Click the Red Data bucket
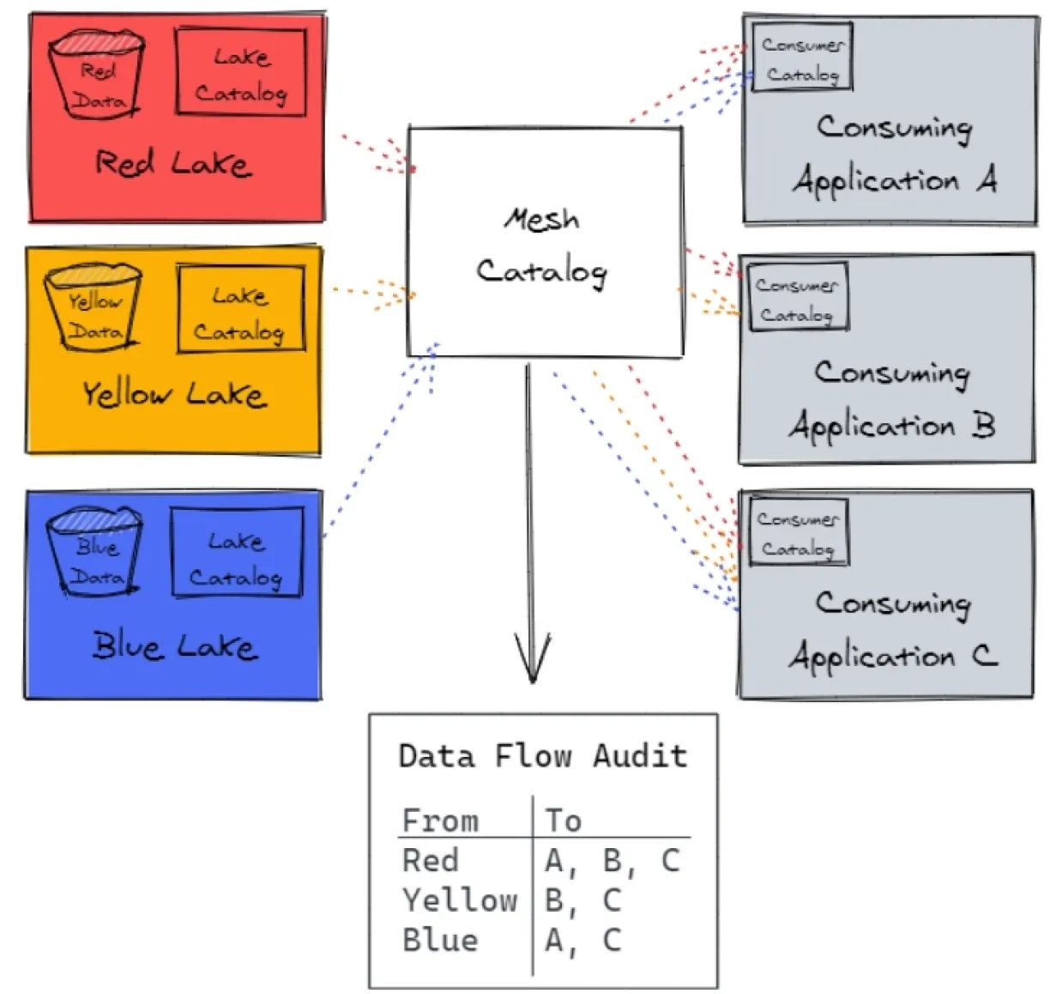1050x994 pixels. pos(96,76)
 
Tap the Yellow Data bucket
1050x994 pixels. pos(94,308)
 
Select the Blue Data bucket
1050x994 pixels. pos(94,552)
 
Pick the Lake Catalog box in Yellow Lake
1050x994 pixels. pos(241,310)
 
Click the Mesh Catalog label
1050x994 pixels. pos(542,246)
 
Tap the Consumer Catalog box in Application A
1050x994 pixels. pos(802,57)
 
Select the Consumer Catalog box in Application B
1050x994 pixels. pos(798,297)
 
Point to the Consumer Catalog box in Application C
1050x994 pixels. pos(798,531)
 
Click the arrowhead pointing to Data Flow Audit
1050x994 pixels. pos(532,661)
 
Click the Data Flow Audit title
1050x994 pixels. pos(543,756)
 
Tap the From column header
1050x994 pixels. pos(440,821)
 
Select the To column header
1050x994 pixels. pos(564,821)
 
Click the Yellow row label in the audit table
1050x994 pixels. pos(460,900)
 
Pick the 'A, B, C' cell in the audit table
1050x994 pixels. pos(612,860)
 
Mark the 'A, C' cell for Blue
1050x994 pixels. pos(582,940)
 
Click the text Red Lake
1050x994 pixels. pos(172,163)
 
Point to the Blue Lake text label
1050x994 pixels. pos(174,645)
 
